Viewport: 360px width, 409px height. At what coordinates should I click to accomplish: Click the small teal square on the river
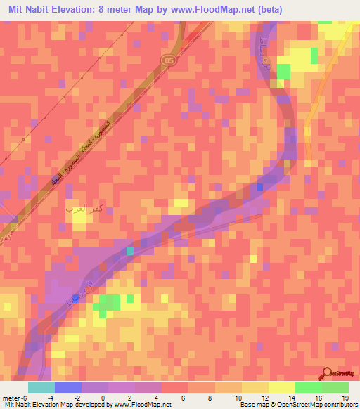tap(129, 250)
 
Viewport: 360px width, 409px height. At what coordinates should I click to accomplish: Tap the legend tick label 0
tap(103, 398)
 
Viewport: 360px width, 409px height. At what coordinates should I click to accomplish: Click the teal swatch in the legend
tap(41, 387)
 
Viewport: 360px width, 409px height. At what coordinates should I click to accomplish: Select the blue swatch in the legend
tap(67, 387)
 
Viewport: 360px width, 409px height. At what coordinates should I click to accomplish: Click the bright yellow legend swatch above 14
tap(281, 387)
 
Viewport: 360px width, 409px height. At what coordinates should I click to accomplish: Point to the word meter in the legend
tap(9, 398)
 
